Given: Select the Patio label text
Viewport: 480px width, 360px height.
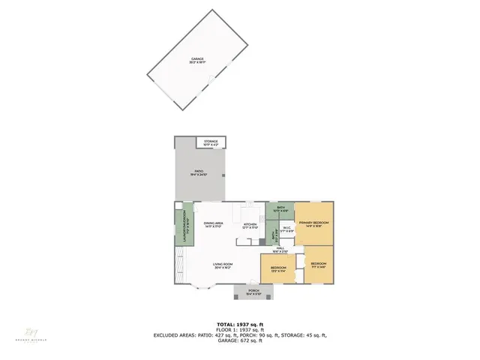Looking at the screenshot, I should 199,173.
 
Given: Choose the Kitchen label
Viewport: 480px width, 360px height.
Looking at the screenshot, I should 250,226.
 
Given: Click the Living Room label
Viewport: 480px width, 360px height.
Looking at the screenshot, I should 223,265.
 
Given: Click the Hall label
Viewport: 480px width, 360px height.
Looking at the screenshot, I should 280,250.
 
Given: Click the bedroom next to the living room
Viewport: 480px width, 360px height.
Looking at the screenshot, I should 278,269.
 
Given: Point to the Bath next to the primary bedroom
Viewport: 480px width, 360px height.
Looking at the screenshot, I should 280,210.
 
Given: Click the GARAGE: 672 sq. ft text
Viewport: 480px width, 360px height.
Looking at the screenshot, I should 240,341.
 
